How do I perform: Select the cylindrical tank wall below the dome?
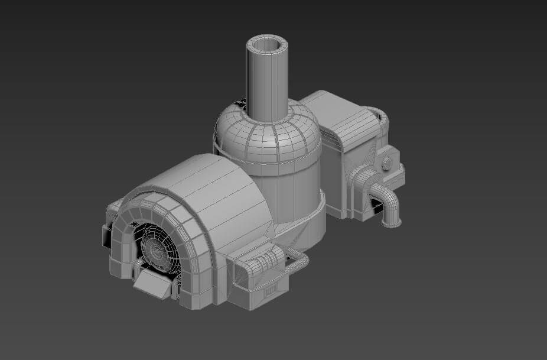coord(289,189)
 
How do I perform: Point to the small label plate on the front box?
coord(271,290)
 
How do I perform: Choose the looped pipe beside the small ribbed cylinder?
coord(298,261)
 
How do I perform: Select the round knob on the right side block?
coord(387,163)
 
